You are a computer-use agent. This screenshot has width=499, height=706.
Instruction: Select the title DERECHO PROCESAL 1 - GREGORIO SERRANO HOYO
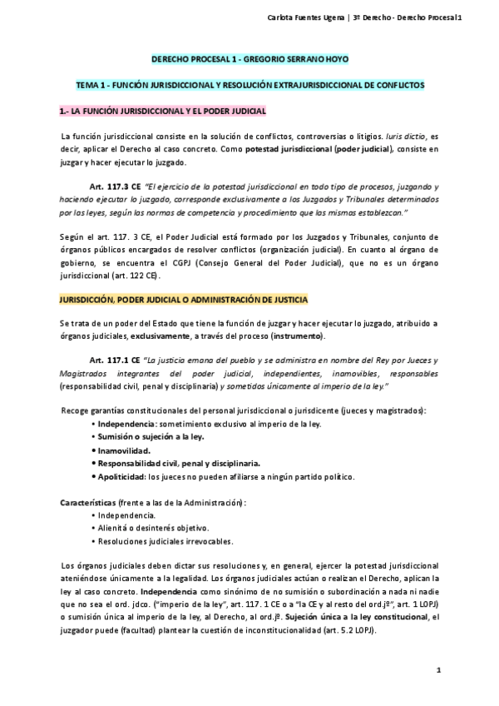(x=249, y=60)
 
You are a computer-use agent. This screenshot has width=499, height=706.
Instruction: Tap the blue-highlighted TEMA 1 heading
(x=249, y=85)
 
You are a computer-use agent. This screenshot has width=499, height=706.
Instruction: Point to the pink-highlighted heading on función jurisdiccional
(x=162, y=110)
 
